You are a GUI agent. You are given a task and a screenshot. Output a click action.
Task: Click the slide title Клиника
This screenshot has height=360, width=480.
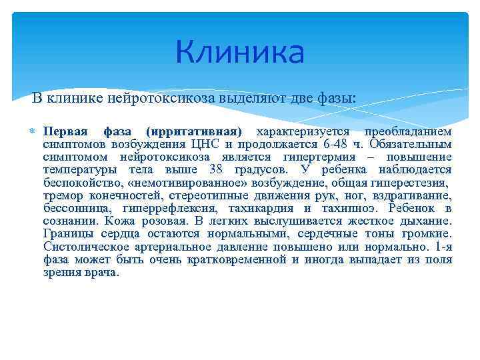(x=240, y=53)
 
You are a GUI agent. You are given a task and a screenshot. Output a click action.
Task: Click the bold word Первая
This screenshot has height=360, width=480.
(x=65, y=131)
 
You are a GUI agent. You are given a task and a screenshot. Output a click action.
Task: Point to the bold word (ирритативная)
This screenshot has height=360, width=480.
(x=194, y=131)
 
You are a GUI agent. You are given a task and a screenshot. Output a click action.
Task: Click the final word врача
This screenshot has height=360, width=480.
(x=101, y=272)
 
